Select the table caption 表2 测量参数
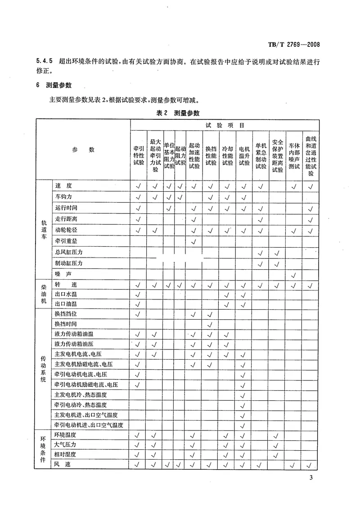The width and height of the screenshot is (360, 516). coord(177,113)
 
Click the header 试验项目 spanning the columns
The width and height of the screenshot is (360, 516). coord(225,126)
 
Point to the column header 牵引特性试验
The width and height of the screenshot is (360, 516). coord(138,155)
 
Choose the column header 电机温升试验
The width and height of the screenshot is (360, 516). coord(244,155)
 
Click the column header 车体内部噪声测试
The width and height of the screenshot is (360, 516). coord(294,155)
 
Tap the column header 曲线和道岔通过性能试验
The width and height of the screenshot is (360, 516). coord(310,155)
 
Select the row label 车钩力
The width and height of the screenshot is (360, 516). coord(64,197)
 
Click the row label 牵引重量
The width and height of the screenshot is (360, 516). coord(66,241)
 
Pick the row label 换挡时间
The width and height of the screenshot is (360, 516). coord(66,324)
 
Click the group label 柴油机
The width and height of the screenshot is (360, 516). coord(44,294)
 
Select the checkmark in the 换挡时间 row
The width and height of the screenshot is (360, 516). coord(210,324)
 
